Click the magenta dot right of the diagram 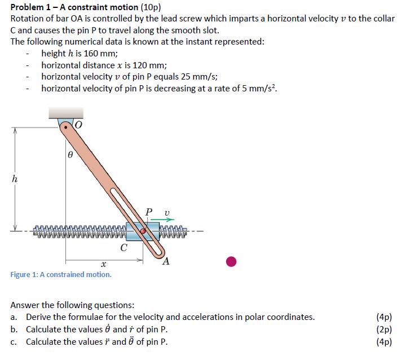[x=231, y=261]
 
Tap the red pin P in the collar [x=144, y=231]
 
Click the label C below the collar [x=124, y=247]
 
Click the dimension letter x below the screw [x=103, y=264]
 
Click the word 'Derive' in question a [x=39, y=317]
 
